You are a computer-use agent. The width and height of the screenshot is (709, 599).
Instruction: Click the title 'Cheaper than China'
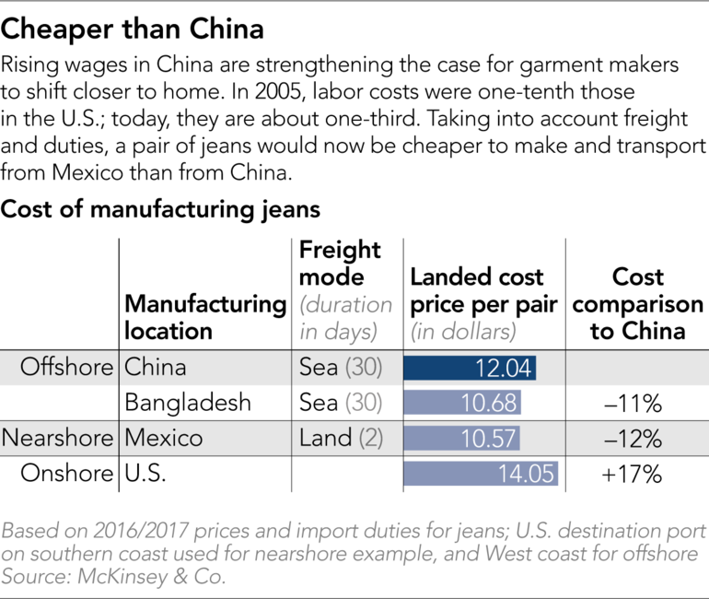pos(133,30)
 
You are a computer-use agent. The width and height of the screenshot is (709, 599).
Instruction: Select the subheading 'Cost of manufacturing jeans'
pos(161,210)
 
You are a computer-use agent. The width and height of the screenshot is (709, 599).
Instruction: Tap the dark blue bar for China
pos(470,368)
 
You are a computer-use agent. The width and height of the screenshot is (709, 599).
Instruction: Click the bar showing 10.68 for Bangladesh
pos(462,403)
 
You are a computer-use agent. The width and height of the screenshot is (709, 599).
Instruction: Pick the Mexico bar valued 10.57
pos(461,438)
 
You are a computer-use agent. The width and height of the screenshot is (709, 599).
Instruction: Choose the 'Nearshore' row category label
pos(60,438)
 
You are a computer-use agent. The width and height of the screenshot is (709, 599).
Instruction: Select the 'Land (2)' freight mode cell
pos(341,438)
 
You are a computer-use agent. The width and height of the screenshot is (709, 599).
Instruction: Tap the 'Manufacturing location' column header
pos(204,316)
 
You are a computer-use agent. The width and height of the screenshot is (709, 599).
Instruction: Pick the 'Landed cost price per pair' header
pos(482,290)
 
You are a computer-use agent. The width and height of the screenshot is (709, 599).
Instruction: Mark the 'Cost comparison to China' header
pos(636,303)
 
